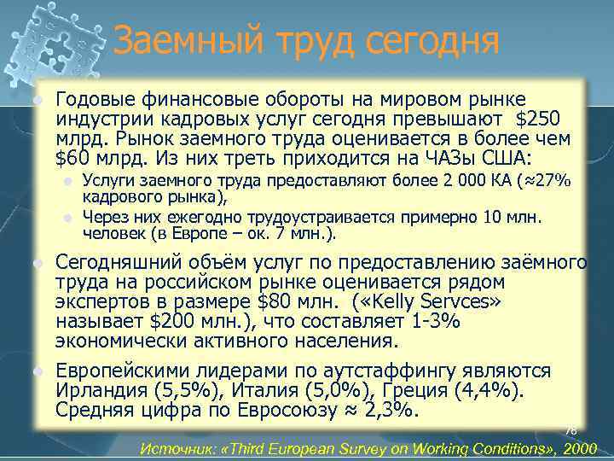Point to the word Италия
(x=255, y=390)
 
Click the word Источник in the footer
(x=176, y=450)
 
